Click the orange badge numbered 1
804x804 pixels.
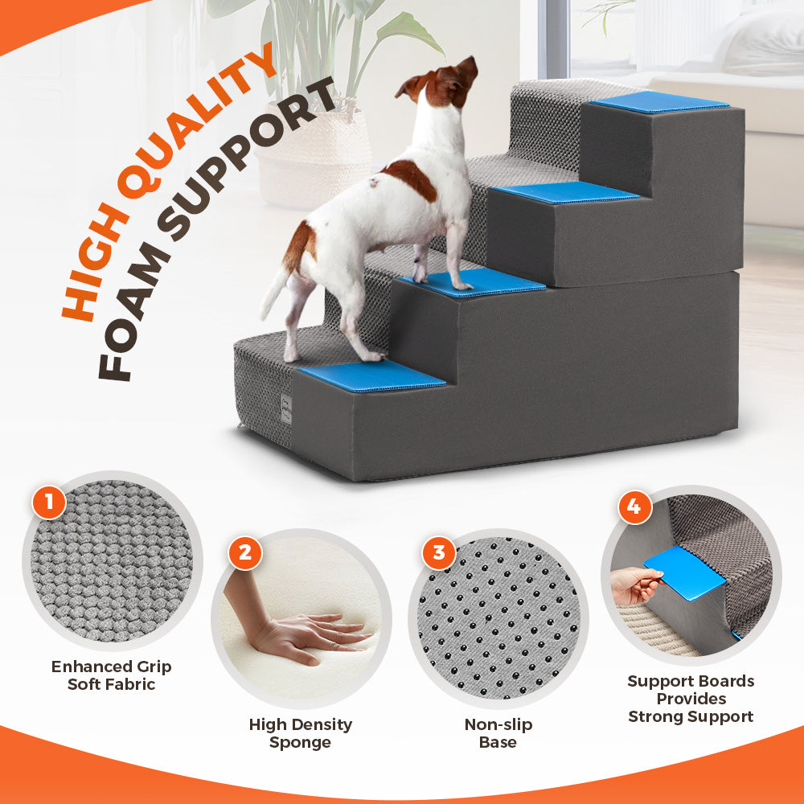[49, 504]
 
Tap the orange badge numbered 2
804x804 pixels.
[244, 552]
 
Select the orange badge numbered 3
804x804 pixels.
[439, 552]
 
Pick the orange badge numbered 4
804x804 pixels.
[634, 507]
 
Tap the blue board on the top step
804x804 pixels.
[658, 102]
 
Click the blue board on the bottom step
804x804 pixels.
[372, 375]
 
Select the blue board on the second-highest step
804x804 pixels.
[566, 192]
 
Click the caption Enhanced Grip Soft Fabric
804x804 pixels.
[111, 675]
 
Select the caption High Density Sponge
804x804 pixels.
[300, 733]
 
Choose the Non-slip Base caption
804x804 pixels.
[498, 733]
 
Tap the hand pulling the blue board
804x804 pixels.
[635, 585]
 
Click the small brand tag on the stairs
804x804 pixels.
[285, 408]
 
